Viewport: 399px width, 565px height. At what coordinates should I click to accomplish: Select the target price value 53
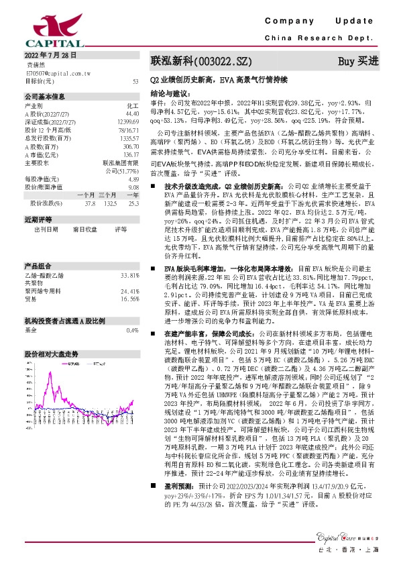pos(135,81)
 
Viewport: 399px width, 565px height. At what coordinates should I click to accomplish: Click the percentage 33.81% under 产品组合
pos(129,257)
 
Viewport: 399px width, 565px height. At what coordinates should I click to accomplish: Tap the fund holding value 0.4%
pos(132,311)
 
